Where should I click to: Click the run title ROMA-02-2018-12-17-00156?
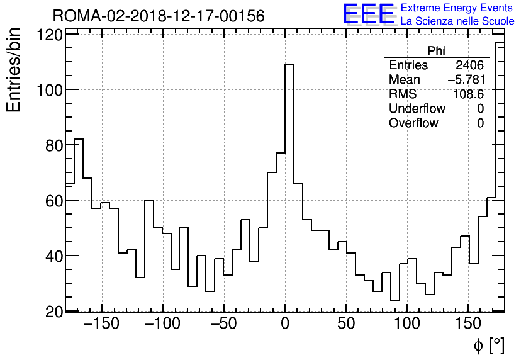point(159,15)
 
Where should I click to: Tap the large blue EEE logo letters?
point(367,15)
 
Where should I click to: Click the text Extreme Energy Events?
point(457,8)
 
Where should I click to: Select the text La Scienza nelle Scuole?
point(456,22)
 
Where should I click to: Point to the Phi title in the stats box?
point(436,51)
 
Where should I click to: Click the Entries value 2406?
point(469,65)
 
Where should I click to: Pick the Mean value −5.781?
point(466,80)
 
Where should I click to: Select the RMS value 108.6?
point(469,94)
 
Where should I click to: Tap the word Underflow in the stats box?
point(417,109)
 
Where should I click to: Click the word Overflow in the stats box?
point(413,123)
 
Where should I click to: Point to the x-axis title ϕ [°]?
point(488,345)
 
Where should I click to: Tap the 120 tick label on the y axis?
point(50,35)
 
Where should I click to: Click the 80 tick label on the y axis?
point(53,145)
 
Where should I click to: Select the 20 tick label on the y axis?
point(53,312)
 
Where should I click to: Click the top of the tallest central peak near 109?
point(289,64)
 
